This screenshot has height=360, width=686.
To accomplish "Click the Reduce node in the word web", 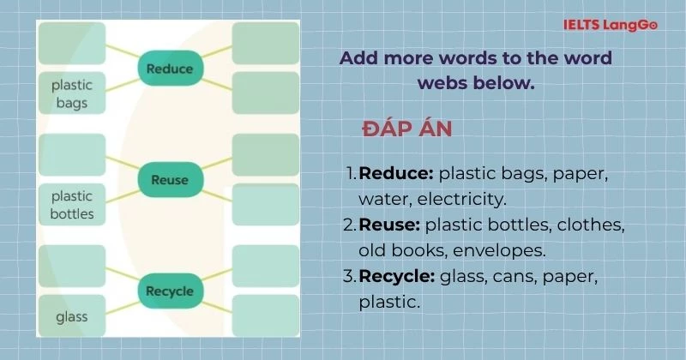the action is [x=170, y=69].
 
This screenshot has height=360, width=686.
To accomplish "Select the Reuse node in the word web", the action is [x=170, y=179].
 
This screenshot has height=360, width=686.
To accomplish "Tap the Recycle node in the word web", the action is [x=170, y=291].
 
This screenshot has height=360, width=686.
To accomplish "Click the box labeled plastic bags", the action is [x=72, y=93].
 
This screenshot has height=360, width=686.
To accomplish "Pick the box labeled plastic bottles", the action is [x=72, y=204].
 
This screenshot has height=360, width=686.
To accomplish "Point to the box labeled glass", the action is [x=72, y=315].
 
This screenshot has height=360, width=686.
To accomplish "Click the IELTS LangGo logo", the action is [x=611, y=25].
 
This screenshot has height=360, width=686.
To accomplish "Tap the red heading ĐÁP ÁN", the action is [x=406, y=129].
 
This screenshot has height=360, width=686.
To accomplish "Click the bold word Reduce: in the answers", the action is [x=396, y=173].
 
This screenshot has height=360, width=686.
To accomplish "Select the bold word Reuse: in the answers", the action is [x=389, y=225].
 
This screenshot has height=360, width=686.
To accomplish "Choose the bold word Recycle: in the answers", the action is [x=397, y=277].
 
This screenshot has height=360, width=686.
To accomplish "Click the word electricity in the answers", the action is [x=461, y=199].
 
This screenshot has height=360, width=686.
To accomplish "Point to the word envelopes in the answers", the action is [x=499, y=250].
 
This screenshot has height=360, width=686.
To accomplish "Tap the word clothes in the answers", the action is [x=591, y=225].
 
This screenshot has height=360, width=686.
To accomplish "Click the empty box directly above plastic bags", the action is [x=72, y=44].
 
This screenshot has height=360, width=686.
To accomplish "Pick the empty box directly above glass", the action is [x=72, y=266].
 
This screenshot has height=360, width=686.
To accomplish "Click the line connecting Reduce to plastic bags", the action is [x=123, y=85].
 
